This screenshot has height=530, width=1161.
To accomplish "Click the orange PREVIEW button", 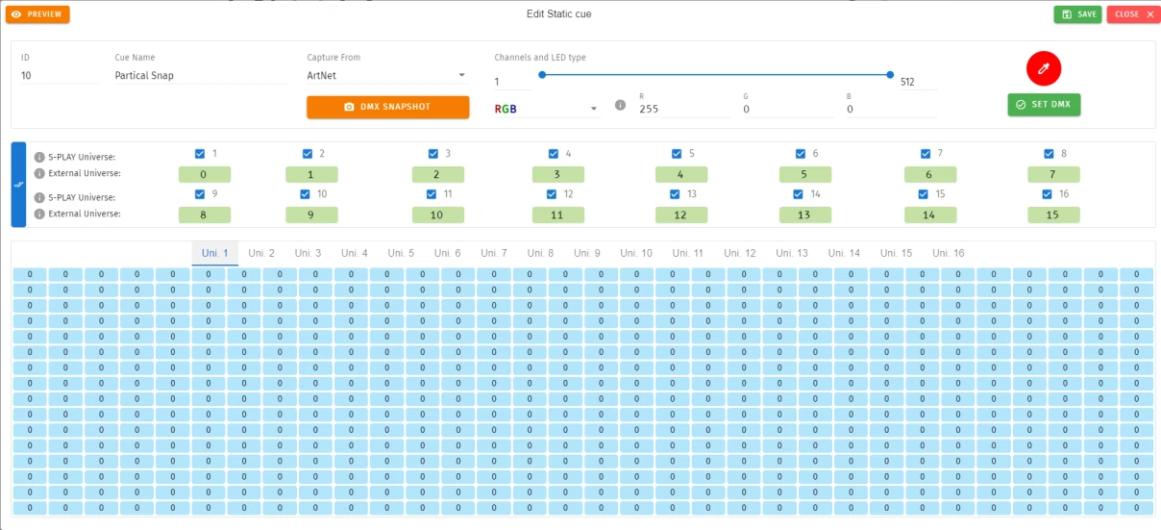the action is pyautogui.click(x=37, y=14).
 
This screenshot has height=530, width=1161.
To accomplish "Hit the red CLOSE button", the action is pyautogui.click(x=1133, y=14).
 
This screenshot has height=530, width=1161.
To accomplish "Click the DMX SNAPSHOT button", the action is pyautogui.click(x=387, y=107).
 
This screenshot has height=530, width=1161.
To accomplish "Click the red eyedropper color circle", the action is pyautogui.click(x=1044, y=68).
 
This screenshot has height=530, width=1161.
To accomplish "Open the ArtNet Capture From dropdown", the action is pyautogui.click(x=386, y=76).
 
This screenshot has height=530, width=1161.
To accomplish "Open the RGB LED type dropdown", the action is pyautogui.click(x=546, y=109).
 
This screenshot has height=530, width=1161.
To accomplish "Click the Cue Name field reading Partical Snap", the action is pyautogui.click(x=200, y=76).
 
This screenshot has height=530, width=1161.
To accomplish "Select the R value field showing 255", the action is pyautogui.click(x=683, y=109).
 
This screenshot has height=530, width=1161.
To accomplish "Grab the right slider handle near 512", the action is pyautogui.click(x=890, y=75).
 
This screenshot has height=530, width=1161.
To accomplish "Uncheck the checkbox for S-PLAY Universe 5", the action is pyautogui.click(x=677, y=154).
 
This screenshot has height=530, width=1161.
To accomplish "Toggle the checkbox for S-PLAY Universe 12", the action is pyautogui.click(x=552, y=194).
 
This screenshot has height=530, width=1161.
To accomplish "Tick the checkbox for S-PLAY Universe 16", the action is pyautogui.click(x=1047, y=194).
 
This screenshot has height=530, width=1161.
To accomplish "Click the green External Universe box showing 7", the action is pyautogui.click(x=1053, y=174).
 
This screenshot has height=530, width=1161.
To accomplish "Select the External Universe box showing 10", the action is pyautogui.click(x=438, y=215).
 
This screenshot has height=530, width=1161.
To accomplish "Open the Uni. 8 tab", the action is pyautogui.click(x=540, y=253).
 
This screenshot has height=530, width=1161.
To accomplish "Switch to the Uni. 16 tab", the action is pyautogui.click(x=948, y=253).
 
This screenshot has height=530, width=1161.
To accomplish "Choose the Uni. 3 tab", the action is pyautogui.click(x=308, y=253).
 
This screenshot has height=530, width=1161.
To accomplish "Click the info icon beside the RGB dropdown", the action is pyautogui.click(x=620, y=105).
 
